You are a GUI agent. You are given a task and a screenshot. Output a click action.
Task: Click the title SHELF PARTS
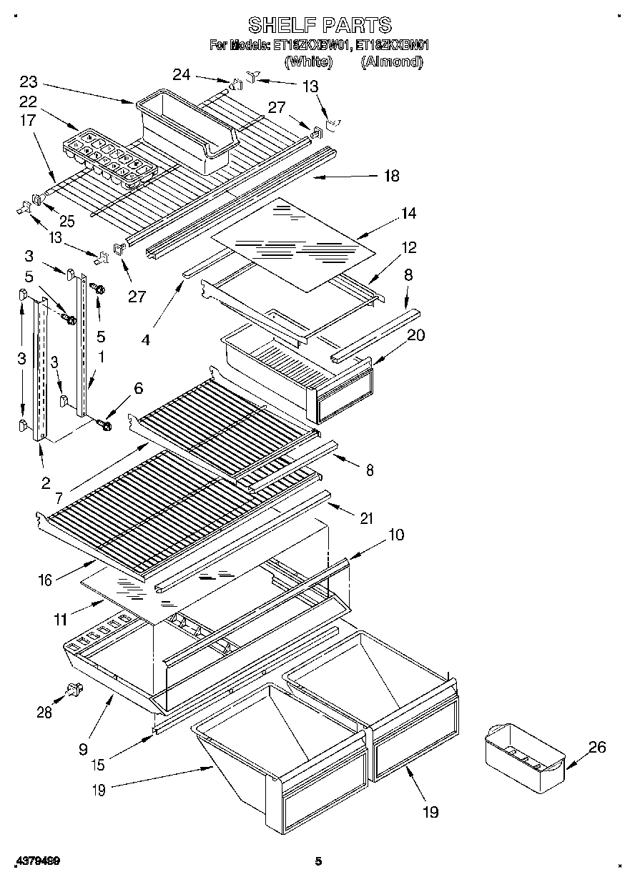(320, 25)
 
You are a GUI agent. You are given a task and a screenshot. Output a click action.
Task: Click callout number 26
(596, 747)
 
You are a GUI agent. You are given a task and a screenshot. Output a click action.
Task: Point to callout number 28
(44, 711)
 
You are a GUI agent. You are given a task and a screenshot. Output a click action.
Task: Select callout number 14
(408, 213)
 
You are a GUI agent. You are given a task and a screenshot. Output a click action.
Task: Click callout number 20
(415, 335)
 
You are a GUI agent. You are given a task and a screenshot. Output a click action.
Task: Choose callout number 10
(396, 534)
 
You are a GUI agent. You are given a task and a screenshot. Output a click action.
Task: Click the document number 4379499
(35, 861)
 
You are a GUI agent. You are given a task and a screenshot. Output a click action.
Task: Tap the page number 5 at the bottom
(319, 861)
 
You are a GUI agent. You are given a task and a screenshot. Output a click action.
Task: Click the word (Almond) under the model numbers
(391, 62)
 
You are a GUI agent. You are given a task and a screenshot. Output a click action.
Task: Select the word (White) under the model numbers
(308, 62)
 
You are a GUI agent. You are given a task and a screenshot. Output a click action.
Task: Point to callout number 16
(45, 580)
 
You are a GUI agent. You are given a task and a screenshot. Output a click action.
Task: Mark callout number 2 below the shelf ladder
(46, 482)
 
